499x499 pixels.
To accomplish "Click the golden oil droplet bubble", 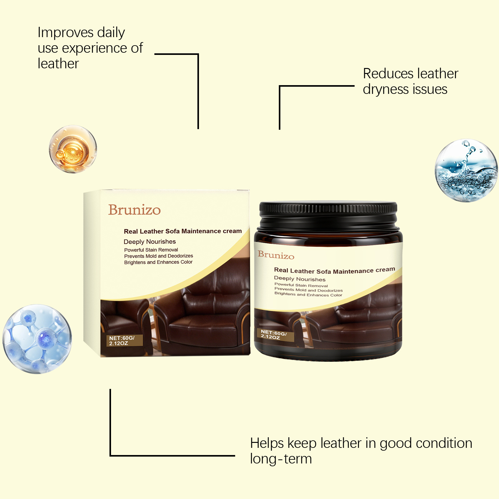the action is tap(73, 149).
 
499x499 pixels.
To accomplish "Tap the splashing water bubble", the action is tap(466, 170).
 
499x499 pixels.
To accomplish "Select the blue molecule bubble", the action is tap(37, 339).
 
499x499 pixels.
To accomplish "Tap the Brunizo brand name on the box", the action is tap(134, 210).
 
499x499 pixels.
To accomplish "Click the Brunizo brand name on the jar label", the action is tap(276, 255).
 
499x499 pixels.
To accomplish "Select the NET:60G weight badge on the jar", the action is tap(274, 335).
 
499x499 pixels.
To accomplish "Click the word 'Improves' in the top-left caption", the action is tap(65, 32).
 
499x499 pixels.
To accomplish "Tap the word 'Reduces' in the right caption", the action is tap(388, 74).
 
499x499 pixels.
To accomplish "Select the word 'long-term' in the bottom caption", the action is tap(281, 459).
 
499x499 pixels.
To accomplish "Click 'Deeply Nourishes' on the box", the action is tap(150, 242).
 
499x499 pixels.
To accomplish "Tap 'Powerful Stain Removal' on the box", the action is tap(151, 250).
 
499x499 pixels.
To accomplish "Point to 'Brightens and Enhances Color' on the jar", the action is tap(308, 294).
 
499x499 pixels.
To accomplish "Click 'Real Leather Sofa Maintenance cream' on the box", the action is tap(183, 231).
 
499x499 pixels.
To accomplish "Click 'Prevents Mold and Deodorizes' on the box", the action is tap(158, 256).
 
